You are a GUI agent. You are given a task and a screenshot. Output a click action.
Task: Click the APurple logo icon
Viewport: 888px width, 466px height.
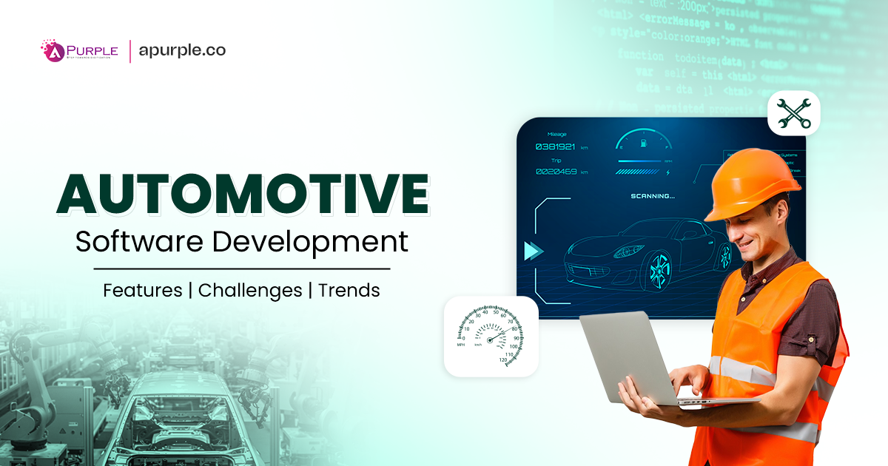[53, 51]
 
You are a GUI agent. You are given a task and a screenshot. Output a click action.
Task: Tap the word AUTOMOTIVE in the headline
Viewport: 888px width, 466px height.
[243, 195]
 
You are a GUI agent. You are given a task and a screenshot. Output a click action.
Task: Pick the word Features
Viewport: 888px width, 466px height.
[142, 291]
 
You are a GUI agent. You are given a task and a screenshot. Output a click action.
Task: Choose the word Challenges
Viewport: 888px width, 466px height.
[250, 291]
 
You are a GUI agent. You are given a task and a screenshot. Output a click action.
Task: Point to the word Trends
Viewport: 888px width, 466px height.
[349, 291]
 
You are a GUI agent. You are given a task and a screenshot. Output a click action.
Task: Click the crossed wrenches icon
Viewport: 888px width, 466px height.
[793, 114]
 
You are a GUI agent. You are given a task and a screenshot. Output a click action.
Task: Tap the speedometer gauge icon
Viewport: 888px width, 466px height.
[491, 336]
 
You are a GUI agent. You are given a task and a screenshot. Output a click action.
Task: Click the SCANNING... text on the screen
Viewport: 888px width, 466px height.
[652, 196]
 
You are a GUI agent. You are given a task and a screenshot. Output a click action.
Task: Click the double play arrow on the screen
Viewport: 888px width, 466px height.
[533, 251]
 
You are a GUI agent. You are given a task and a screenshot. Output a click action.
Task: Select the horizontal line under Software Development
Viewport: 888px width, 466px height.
[242, 269]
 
